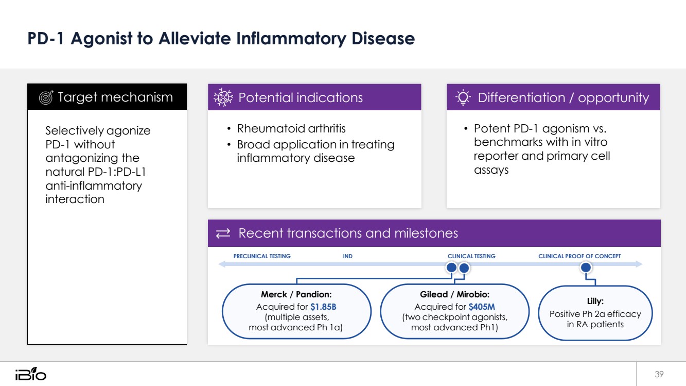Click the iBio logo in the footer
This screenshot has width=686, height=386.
31,374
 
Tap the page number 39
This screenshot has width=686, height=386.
659,374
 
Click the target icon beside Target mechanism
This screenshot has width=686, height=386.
46,97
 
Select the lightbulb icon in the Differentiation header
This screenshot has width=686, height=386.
463,97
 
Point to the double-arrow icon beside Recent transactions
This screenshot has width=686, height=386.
223,233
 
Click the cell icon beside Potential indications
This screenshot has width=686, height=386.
223,97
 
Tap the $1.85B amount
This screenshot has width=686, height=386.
323,307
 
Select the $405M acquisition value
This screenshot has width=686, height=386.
481,307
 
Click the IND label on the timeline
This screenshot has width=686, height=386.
347,256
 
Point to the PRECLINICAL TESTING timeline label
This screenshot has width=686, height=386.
262,256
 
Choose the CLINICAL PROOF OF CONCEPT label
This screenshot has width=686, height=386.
579,256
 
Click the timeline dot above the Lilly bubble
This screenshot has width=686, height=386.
586,267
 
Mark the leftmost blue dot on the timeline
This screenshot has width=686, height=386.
451,267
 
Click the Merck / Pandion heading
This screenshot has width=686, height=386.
296,294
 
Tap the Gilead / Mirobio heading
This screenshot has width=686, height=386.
454,294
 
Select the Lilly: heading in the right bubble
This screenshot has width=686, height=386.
595,301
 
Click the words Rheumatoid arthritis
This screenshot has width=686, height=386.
291,128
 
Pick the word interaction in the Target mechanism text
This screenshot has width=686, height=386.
75,199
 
